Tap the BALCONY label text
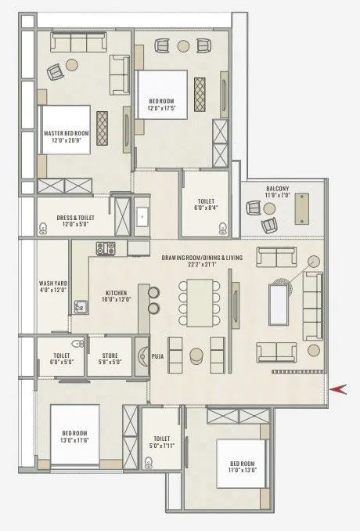tap(278, 189)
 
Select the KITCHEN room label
tap(117, 294)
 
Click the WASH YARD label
tap(52, 284)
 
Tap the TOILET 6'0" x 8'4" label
tap(206, 205)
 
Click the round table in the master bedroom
tap(74, 66)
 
